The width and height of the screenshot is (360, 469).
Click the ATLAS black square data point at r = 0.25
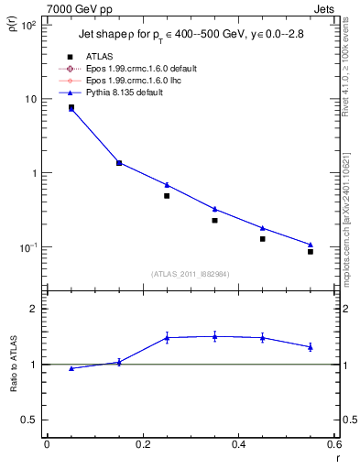(x=167, y=196)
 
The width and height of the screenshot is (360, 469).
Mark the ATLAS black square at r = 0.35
(x=214, y=220)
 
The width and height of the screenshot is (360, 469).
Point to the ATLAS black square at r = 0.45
(x=262, y=239)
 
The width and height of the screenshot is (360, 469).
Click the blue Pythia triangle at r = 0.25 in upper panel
(x=167, y=184)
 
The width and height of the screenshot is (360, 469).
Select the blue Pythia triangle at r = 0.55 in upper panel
(x=311, y=245)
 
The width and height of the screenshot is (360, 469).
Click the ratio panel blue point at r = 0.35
(x=214, y=336)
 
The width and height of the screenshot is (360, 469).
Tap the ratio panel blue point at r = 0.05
(x=71, y=368)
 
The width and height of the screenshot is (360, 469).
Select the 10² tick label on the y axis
(x=28, y=25)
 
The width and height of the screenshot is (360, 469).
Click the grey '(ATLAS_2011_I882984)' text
(x=191, y=274)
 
